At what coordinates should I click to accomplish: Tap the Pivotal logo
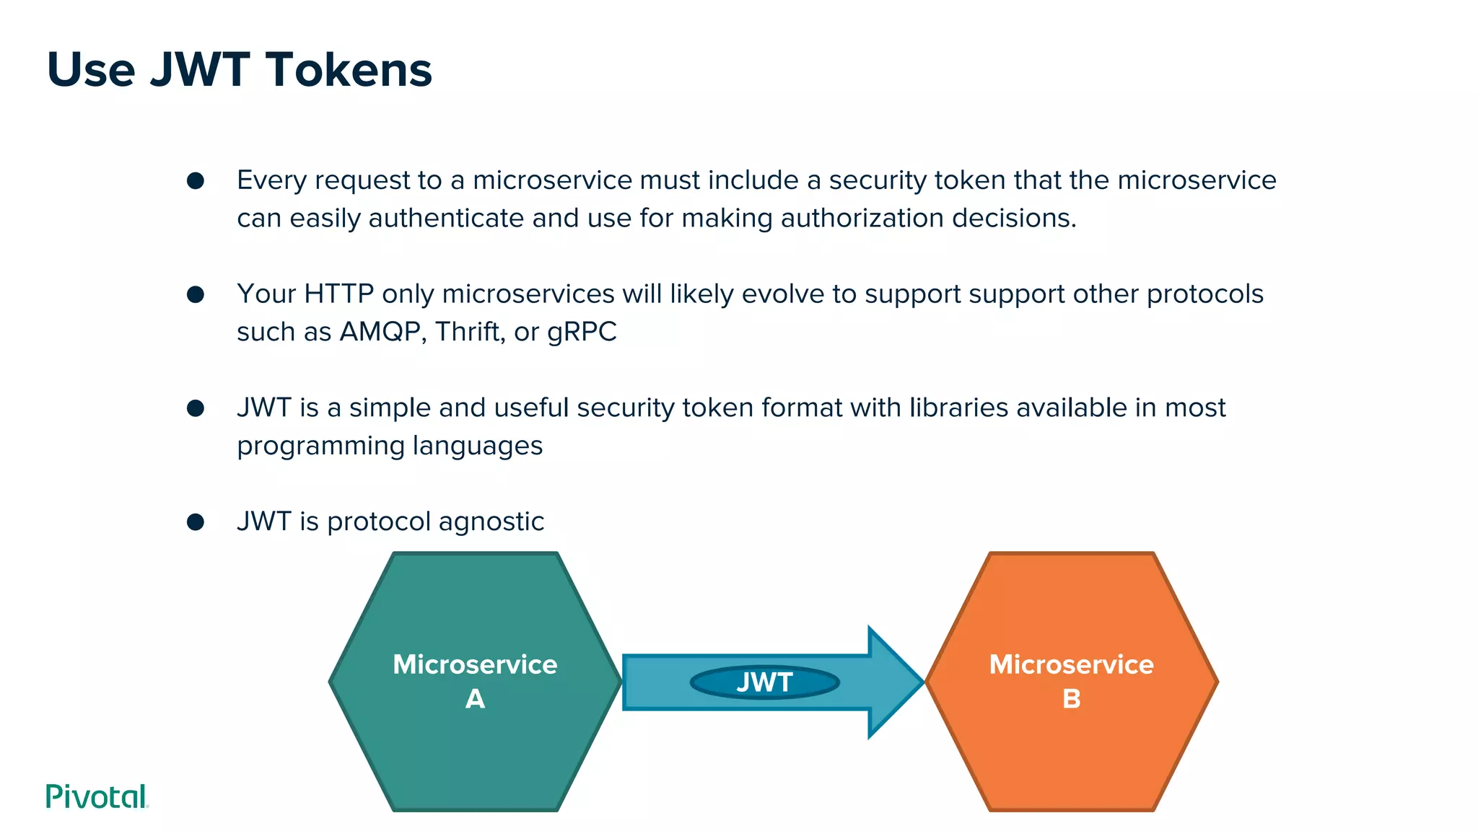97,796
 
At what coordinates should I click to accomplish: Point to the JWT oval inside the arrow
764,682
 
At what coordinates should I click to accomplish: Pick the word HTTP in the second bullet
338,294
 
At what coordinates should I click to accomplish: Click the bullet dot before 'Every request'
196,180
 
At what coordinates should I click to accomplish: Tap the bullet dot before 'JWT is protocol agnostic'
196,522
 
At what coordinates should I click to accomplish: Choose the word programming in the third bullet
321,447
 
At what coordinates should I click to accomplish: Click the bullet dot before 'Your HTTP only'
196,294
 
